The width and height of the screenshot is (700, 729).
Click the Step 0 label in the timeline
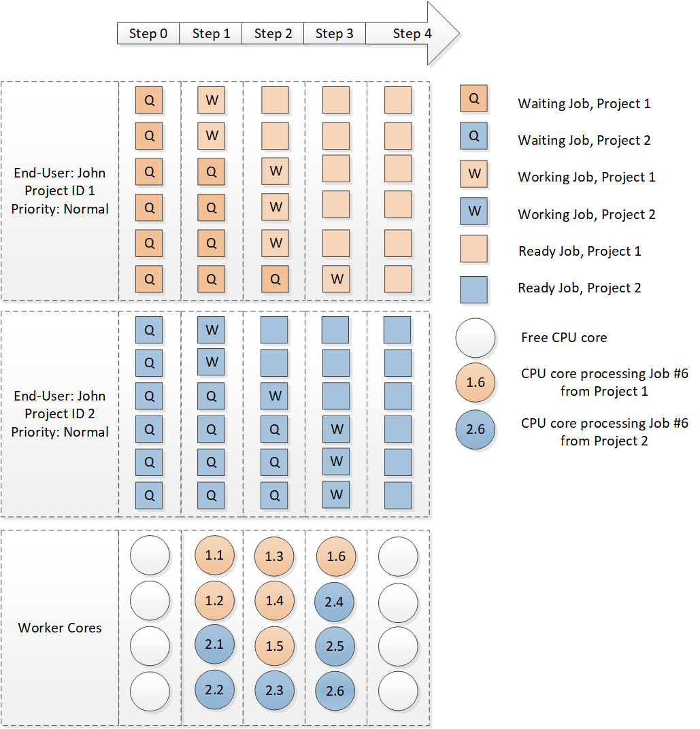click(x=148, y=33)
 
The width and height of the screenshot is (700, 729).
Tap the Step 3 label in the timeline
click(x=334, y=33)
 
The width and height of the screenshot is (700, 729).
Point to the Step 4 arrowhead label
click(x=412, y=33)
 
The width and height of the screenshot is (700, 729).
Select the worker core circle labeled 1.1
click(x=214, y=556)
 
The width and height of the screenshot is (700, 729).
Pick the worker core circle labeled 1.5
click(x=275, y=646)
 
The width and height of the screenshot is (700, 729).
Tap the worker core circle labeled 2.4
click(x=335, y=601)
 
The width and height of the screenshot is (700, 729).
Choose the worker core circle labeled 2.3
click(x=275, y=690)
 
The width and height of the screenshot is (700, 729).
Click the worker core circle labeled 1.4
click(x=275, y=601)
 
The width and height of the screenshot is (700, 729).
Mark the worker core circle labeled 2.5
click(x=335, y=646)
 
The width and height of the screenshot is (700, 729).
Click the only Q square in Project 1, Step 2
click(x=275, y=279)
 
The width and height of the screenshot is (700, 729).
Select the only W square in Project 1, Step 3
click(x=336, y=279)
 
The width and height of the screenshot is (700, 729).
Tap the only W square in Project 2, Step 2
click(x=275, y=395)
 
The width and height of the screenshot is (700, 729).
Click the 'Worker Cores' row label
click(x=60, y=628)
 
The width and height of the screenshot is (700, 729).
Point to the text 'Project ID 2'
click(x=59, y=413)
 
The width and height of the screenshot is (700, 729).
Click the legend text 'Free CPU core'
click(x=564, y=337)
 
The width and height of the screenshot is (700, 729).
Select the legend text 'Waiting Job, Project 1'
click(x=584, y=103)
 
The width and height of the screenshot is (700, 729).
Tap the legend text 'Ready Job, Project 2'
click(x=580, y=288)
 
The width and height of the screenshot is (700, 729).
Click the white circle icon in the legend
click(x=475, y=337)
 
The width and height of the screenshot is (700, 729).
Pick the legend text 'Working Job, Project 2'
click(x=586, y=214)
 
